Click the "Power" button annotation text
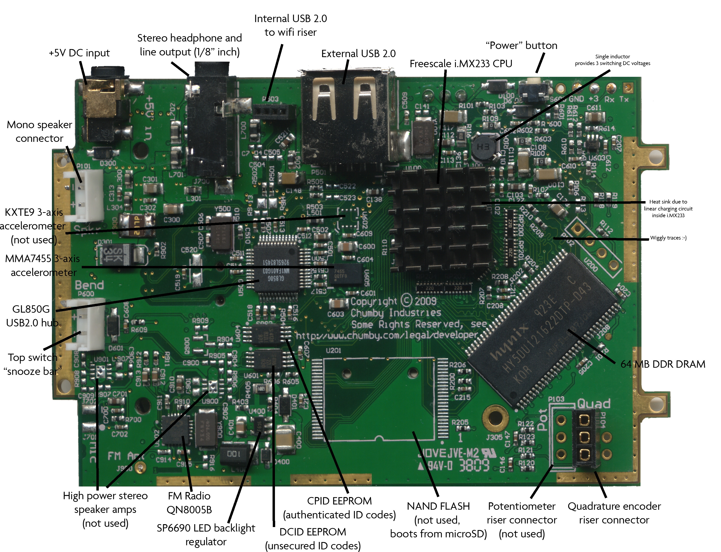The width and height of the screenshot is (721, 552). (x=521, y=45)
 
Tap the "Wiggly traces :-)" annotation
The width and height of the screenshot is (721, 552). (x=668, y=238)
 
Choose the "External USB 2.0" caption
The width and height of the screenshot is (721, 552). (x=358, y=54)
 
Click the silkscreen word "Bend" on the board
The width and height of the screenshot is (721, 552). (x=89, y=285)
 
